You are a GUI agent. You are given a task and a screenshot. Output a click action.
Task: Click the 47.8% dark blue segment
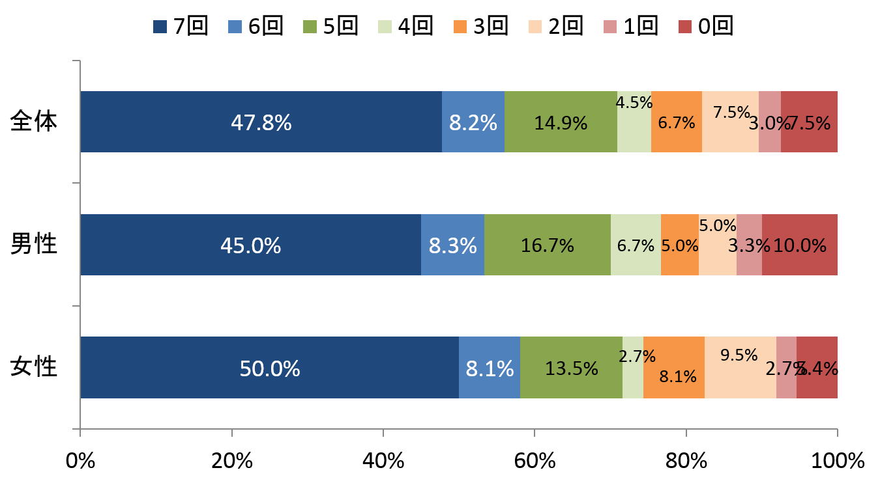(261, 122)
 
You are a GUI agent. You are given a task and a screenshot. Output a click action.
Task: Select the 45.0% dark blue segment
(250, 245)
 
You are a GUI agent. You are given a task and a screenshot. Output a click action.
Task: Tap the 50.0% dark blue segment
(269, 367)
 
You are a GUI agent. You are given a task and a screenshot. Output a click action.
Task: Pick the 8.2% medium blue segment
(473, 122)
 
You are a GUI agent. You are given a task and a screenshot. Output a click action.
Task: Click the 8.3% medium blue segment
(452, 245)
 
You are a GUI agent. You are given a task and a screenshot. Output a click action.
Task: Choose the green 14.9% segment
(561, 122)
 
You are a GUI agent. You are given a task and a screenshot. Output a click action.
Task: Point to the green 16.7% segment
(547, 245)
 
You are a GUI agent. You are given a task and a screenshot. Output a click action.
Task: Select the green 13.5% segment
(571, 367)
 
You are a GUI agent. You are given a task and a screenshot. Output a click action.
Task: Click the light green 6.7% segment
(636, 245)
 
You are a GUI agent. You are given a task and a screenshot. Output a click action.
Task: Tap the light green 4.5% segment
(634, 130)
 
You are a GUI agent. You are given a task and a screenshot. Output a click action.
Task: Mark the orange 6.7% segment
(676, 122)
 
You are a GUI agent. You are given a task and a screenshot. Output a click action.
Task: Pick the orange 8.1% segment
(673, 367)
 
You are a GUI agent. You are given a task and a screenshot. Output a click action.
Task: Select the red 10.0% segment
(799, 245)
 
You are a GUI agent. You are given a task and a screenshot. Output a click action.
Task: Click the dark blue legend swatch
(160, 27)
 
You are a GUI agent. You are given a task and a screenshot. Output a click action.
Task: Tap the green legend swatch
(310, 27)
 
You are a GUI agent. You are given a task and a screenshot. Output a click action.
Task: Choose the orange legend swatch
(460, 27)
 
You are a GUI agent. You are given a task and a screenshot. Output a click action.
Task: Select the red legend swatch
(685, 27)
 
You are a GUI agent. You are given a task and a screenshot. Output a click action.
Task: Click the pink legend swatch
(610, 27)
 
